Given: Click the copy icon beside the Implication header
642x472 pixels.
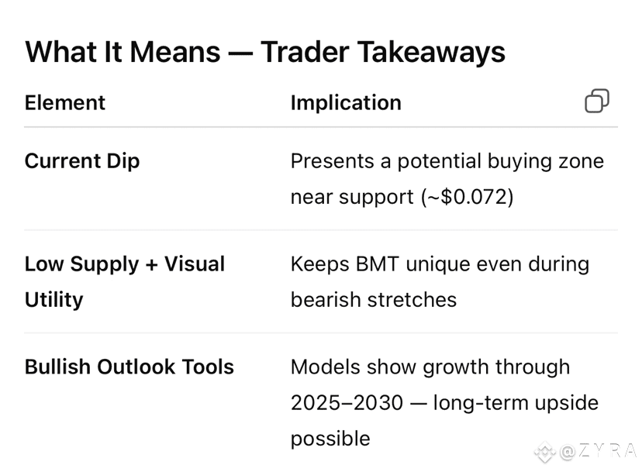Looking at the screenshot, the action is click(597, 101).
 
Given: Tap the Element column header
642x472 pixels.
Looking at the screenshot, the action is click(65, 102).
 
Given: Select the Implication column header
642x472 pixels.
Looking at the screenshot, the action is click(346, 103).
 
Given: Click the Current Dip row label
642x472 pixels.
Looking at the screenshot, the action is click(82, 161).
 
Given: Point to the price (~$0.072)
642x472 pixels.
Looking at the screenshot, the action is click(468, 197).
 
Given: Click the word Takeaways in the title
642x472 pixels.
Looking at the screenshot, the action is click(432, 53).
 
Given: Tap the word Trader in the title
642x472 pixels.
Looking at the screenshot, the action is click(304, 52).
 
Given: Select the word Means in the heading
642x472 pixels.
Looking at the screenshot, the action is click(174, 52).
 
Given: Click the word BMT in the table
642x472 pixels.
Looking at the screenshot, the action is click(377, 264).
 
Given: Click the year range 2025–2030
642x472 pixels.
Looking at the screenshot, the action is click(347, 403).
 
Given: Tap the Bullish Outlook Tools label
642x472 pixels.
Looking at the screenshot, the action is click(129, 367).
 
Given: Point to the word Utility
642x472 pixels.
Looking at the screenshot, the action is click(54, 300).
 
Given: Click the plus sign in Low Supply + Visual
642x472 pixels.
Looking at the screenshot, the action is click(151, 265).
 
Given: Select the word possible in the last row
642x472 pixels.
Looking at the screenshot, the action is click(330, 439).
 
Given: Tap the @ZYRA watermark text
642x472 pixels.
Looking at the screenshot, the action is click(598, 452).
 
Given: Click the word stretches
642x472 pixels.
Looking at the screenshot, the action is click(412, 300).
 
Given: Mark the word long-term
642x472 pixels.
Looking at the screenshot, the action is click(481, 403).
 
